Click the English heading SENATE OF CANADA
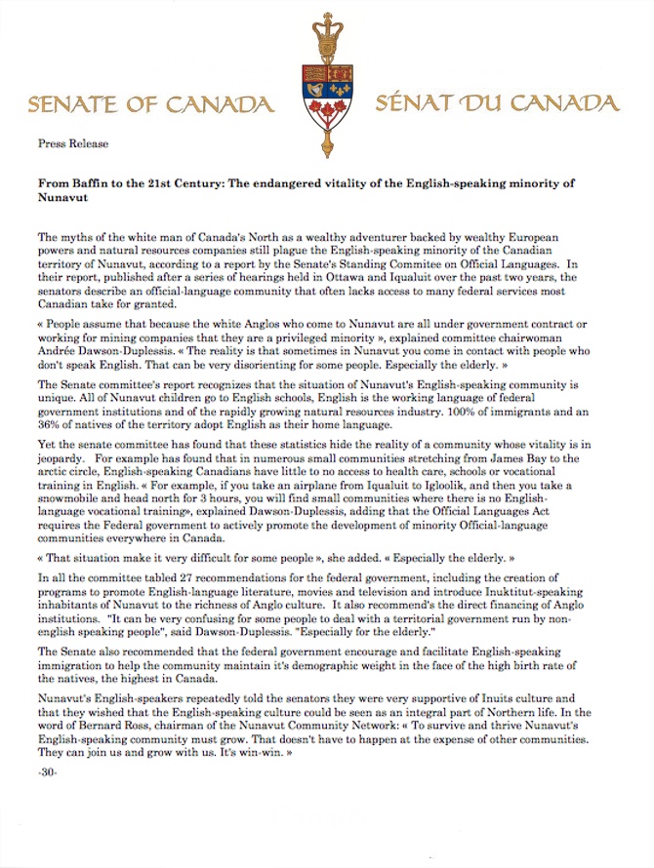(149, 103)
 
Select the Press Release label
(73, 143)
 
